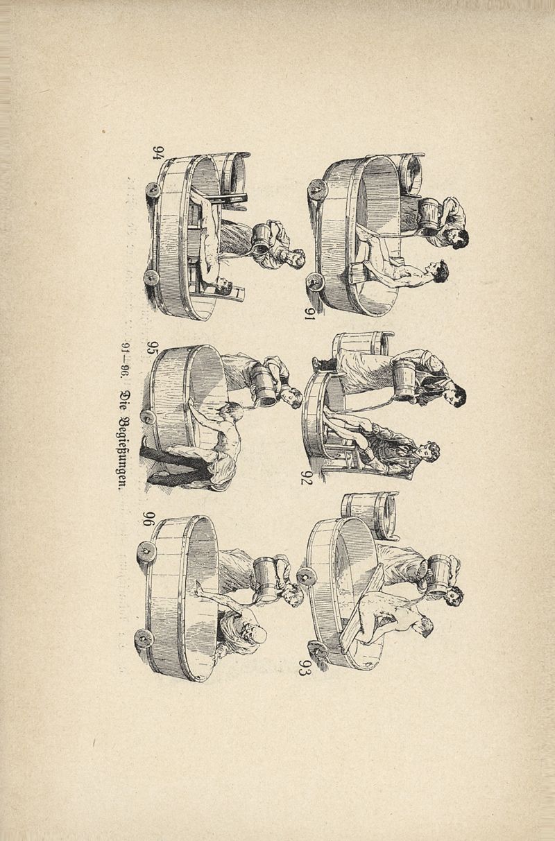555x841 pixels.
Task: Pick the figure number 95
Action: [153, 348]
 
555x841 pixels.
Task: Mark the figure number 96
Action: [151, 519]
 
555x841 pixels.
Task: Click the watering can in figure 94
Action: [264, 239]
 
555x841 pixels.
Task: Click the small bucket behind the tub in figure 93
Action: [370, 514]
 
